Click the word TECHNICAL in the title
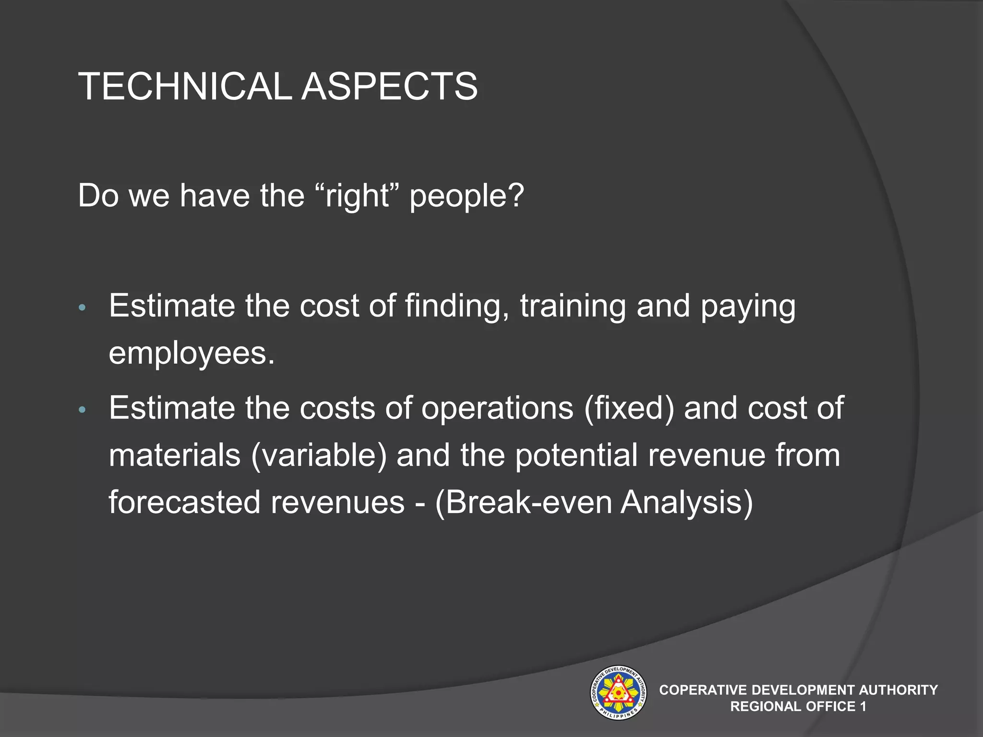185,87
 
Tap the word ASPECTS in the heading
389,87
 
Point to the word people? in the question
467,197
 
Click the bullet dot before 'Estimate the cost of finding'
82,308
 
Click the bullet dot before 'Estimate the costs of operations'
82,410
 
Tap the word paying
748,307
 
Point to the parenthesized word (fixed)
629,408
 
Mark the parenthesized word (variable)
319,455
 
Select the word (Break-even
524,502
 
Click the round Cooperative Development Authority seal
618,692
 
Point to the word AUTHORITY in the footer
898,690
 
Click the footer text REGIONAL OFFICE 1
798,706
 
